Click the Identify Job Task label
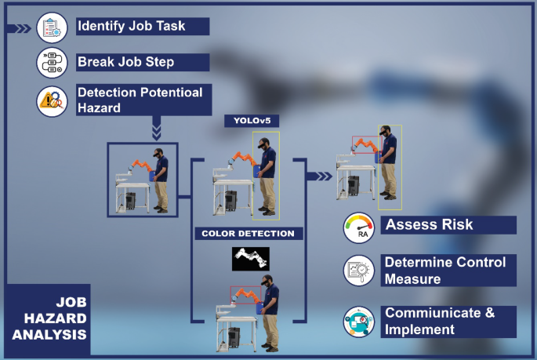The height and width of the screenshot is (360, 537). pos(132,26)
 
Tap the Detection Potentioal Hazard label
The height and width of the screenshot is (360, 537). pos(140,100)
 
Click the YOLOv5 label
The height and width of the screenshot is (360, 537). pos(246,121)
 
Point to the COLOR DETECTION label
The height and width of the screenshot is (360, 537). pos(248,234)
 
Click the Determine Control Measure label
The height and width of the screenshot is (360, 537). pos(444,270)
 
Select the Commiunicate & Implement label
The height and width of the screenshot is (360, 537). pos(439,322)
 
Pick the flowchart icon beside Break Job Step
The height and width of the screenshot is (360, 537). pos(53,63)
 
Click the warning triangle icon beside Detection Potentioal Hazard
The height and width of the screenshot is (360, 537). pos(53,100)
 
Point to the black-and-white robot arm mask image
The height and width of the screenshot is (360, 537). pos(251,258)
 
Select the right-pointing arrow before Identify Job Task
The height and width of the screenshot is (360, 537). pos(19,29)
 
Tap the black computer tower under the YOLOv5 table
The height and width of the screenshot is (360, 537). pos(231,202)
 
